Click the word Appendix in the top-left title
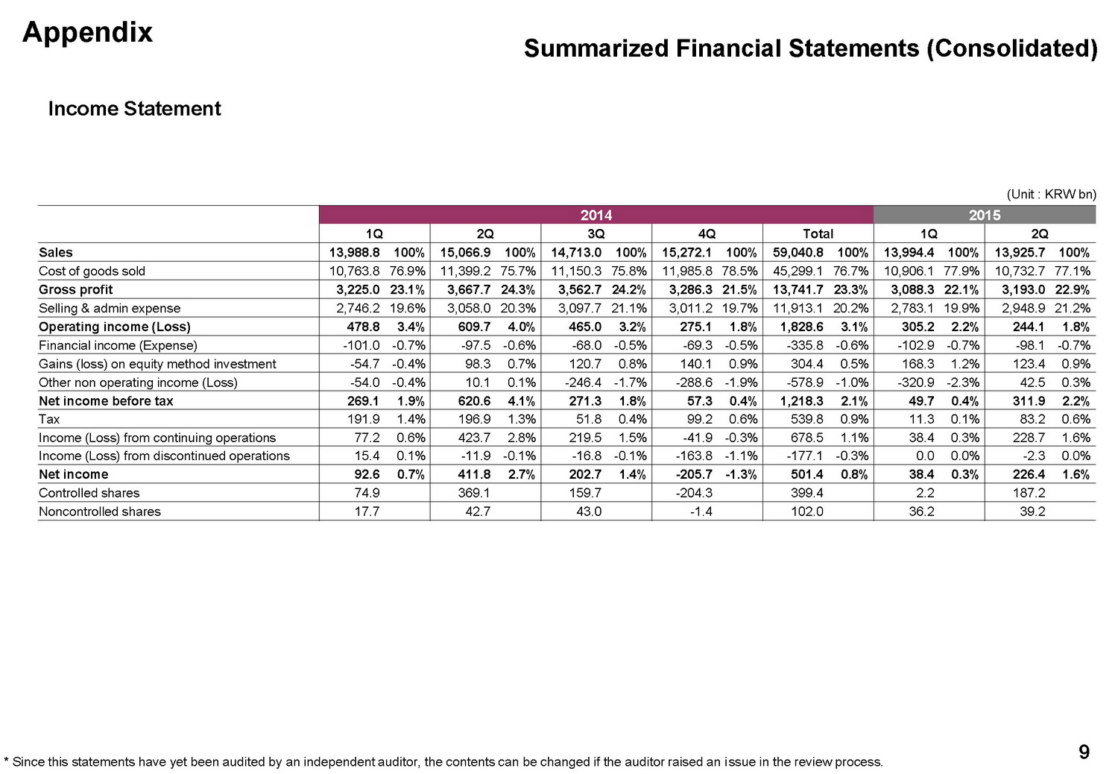coord(87,32)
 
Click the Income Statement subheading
coord(134,109)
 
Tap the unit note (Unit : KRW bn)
coord(1051,195)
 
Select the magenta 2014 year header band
coord(596,215)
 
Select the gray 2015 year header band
coord(984,215)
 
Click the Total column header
coord(818,233)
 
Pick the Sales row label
coord(56,253)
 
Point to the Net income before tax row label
coord(106,401)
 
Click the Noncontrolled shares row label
coord(100,512)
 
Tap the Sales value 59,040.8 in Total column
coord(798,253)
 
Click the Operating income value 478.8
coord(363,327)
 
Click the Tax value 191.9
coord(363,419)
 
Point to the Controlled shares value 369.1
coord(474,493)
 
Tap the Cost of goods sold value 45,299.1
coord(798,271)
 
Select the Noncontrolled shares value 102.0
coord(807,512)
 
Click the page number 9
coord(1084,752)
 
